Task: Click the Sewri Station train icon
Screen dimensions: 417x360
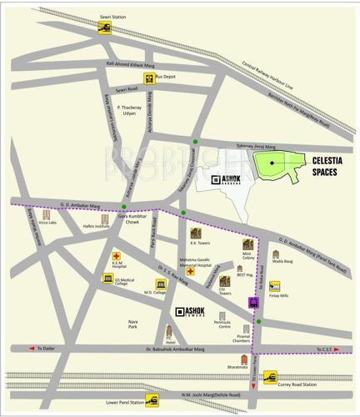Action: coord(105,28)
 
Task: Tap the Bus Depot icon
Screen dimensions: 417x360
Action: coord(148,79)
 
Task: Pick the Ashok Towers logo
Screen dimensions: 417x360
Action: coord(188,313)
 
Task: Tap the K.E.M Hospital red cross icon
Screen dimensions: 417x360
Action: coord(117,256)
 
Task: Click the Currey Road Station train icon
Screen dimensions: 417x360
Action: coord(268,377)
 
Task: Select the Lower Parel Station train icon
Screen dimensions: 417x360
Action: coord(152,401)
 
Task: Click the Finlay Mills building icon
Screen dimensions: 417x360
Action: coord(274,285)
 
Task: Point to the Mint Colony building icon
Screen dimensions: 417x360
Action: coord(247,244)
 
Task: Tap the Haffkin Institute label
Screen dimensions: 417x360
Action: coord(97,226)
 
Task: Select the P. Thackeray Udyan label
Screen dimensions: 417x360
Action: coord(131,111)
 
